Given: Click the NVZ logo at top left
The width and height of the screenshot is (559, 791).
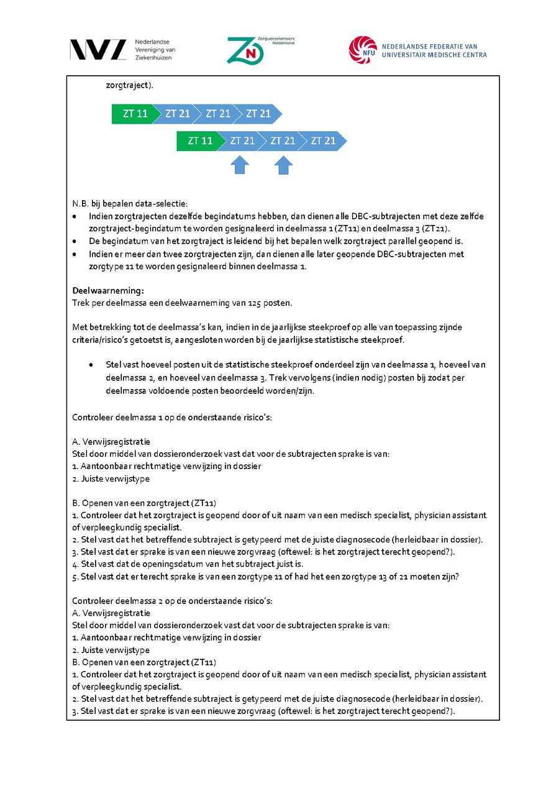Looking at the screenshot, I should (x=98, y=50).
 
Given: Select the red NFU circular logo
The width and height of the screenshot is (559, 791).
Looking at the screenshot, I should (x=363, y=50).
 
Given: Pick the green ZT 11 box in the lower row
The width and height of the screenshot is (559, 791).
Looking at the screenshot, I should (x=199, y=141).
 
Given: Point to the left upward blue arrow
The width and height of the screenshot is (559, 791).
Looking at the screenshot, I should (x=240, y=165).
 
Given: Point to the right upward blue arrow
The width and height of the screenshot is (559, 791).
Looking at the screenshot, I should (x=283, y=165).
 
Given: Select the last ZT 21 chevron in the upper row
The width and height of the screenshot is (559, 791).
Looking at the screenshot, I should (x=259, y=114).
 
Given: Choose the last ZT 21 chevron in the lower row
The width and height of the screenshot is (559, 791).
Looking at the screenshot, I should (x=324, y=141).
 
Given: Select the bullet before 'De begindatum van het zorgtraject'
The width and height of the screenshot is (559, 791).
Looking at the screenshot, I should (x=75, y=241).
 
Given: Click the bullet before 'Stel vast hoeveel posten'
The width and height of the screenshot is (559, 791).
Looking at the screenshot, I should (x=92, y=365).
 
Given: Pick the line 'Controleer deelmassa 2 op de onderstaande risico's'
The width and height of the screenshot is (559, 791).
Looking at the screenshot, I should (x=172, y=601).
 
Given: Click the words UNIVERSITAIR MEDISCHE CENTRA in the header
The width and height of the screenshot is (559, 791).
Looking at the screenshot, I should (x=434, y=55).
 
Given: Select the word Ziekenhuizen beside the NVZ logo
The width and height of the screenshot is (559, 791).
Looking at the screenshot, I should (x=153, y=58).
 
